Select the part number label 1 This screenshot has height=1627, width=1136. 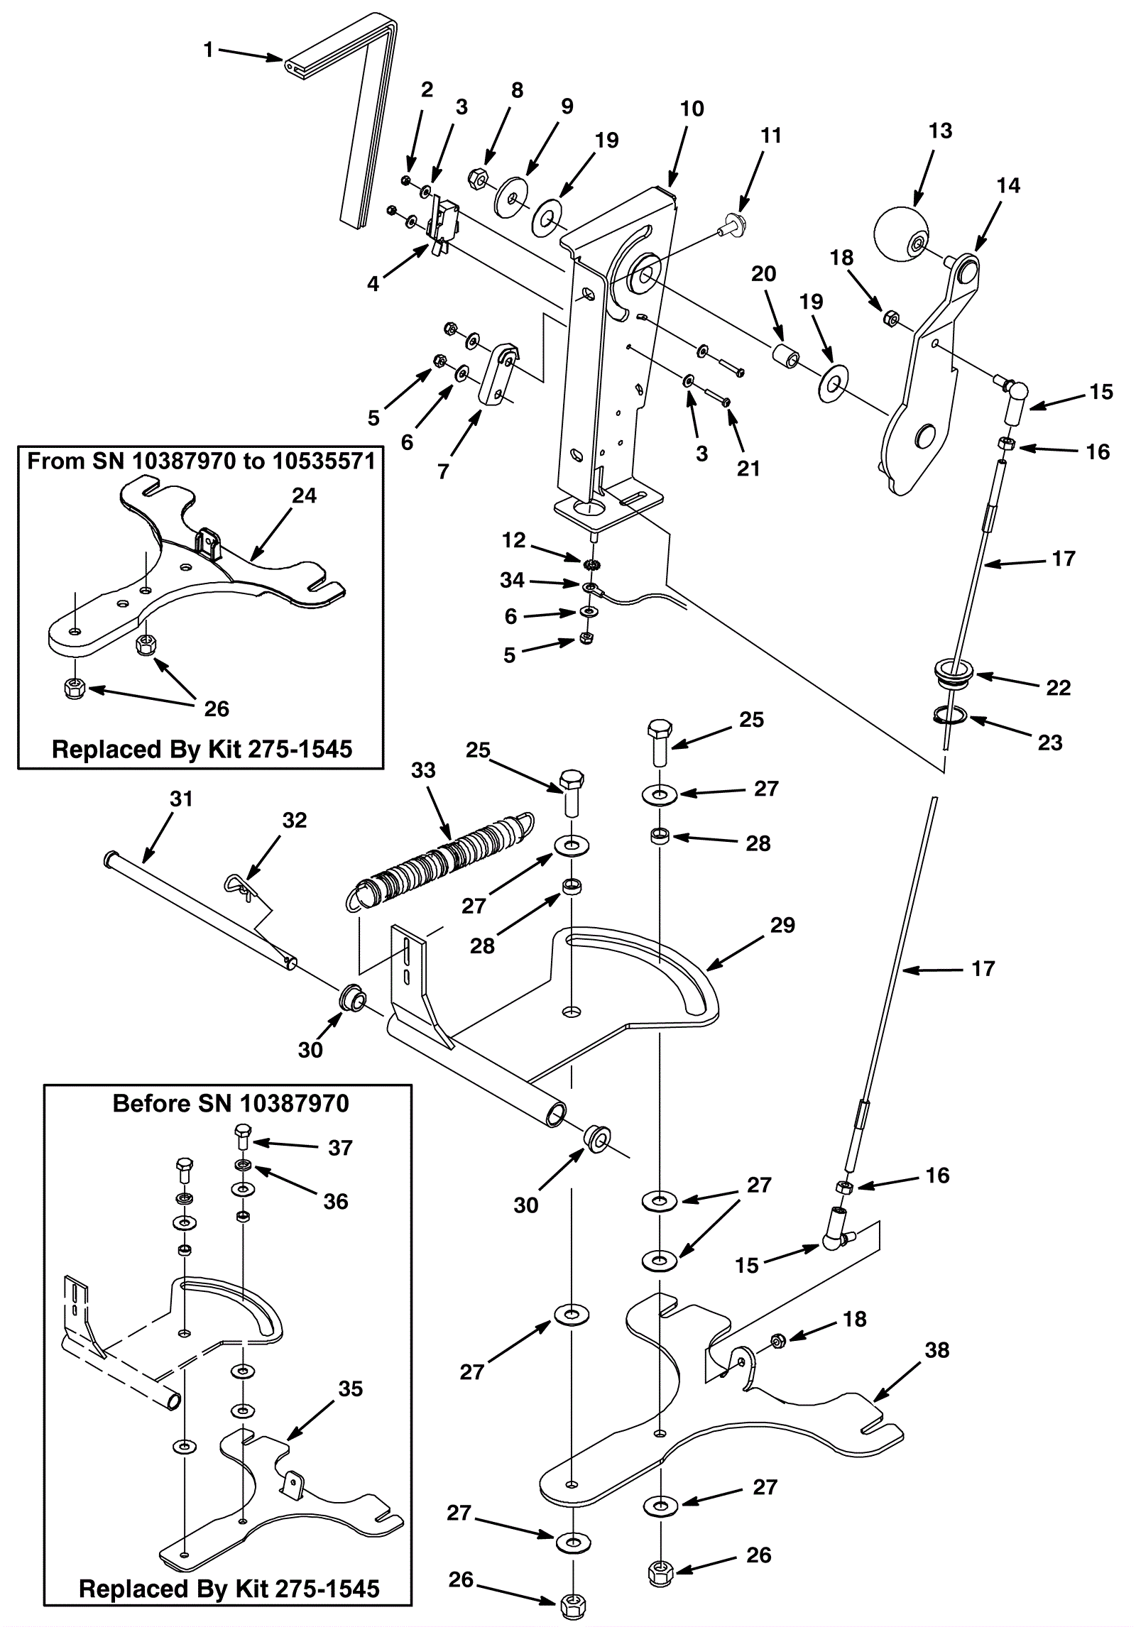(208, 50)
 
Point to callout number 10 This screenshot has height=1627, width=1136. (692, 109)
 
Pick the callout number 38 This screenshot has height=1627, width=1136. (937, 1349)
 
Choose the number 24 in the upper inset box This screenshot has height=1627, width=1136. (304, 495)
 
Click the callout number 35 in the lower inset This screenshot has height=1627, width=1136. (351, 1388)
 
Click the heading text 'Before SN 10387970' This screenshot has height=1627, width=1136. (231, 1103)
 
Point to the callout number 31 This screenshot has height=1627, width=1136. (182, 799)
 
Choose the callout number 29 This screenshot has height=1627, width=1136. (782, 925)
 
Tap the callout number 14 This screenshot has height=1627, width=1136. (1008, 185)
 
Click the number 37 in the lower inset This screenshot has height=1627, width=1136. (340, 1148)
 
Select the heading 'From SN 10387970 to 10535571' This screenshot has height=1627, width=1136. (201, 461)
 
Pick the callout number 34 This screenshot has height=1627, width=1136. (512, 580)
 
